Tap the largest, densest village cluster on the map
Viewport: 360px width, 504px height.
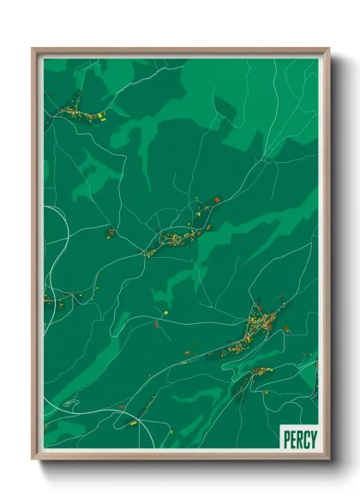[x=261, y=326]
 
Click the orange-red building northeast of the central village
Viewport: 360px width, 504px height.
[x=216, y=200]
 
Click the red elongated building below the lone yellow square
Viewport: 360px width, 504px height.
[x=156, y=323]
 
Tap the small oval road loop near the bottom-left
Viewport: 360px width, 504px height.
[x=70, y=402]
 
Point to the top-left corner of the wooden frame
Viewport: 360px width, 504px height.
[x=33, y=50]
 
